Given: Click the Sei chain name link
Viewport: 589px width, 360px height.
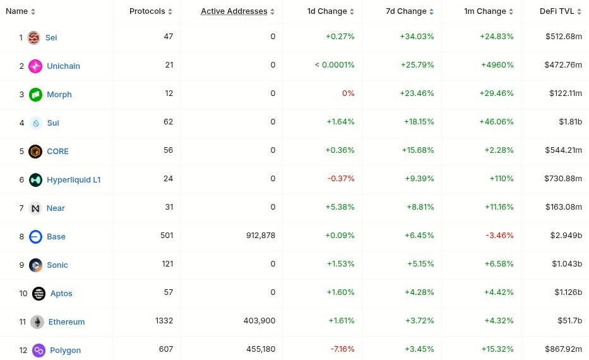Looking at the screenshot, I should tap(51, 37).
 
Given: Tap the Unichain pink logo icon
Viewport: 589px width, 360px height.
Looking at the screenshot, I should tap(35, 66).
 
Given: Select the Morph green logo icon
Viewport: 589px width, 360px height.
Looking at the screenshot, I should tap(35, 94).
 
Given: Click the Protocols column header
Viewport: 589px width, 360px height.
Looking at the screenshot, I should tap(147, 11).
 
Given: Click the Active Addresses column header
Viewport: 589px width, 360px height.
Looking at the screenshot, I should tap(234, 11).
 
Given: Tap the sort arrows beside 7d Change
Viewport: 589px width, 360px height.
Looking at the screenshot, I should tap(431, 11).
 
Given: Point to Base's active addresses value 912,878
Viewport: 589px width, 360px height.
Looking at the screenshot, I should tap(251, 236).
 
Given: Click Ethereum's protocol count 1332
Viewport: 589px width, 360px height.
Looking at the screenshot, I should tap(164, 321).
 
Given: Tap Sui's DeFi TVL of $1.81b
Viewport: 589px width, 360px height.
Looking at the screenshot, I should tap(570, 123).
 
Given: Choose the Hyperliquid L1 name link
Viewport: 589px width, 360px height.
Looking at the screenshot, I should tap(73, 179).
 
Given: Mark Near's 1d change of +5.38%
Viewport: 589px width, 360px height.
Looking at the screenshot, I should tap(340, 208).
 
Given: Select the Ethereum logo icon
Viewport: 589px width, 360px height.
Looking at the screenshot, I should tap(37, 321).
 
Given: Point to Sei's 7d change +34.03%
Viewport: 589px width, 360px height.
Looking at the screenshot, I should tap(417, 37).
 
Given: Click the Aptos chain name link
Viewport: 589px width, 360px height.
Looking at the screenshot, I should tap(61, 293).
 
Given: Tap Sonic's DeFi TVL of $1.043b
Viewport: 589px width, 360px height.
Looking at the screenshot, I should tap(567, 265).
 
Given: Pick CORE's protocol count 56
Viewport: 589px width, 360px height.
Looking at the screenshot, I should tap(168, 151).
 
